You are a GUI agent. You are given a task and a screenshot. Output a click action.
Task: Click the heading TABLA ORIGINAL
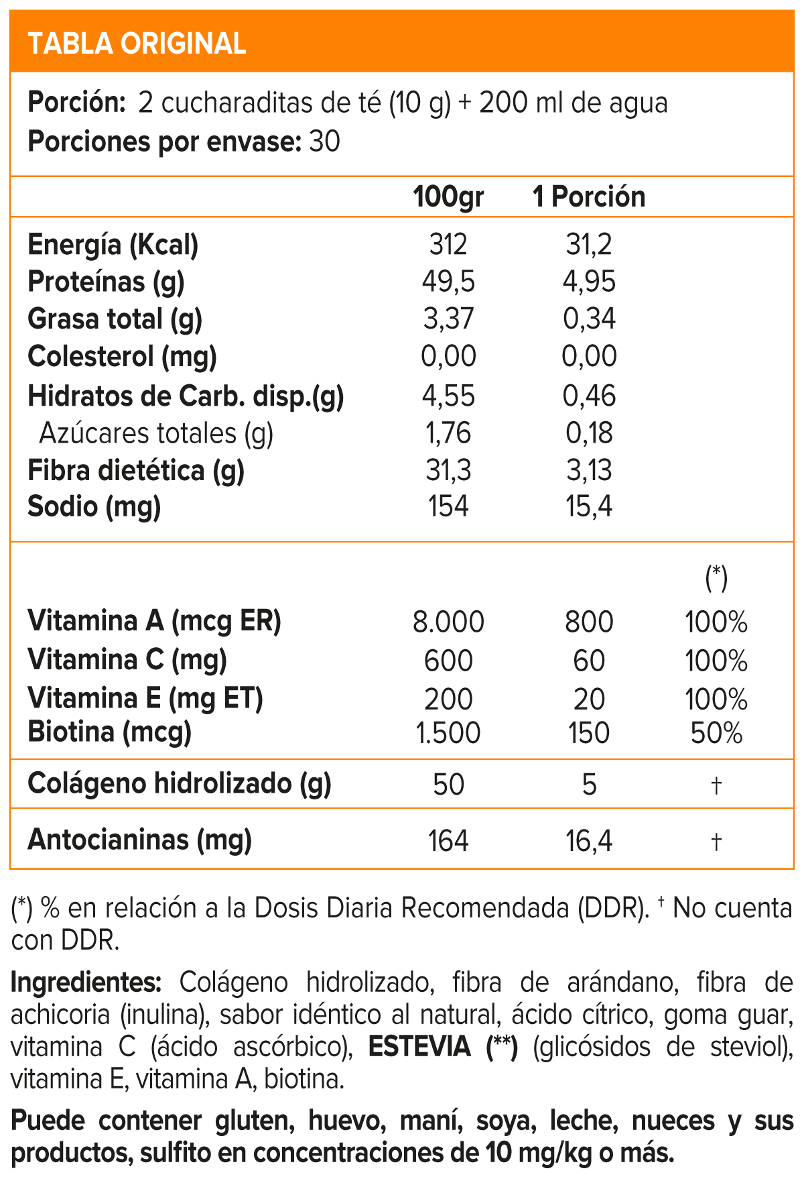click(x=137, y=44)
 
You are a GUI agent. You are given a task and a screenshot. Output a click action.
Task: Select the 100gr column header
click(x=448, y=197)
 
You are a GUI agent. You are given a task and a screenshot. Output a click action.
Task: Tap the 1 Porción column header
click(x=589, y=197)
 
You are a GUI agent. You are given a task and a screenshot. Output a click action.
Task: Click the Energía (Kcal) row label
click(x=113, y=245)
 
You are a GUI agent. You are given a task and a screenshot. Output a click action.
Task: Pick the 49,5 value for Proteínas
click(x=448, y=282)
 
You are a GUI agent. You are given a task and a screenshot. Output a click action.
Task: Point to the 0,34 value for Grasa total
click(x=589, y=319)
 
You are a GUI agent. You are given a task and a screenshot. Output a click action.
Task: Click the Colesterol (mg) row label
click(x=122, y=356)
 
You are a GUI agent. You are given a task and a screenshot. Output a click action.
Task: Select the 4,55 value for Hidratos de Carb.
click(x=448, y=396)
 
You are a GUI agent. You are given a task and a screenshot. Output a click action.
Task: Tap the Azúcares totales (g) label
click(x=156, y=433)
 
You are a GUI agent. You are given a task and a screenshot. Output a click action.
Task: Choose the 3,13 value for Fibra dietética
click(x=589, y=470)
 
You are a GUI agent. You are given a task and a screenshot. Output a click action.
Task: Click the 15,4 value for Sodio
click(x=589, y=506)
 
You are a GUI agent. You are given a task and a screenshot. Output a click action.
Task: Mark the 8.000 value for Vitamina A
click(x=448, y=622)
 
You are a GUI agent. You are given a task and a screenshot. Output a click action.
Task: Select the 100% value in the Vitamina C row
click(x=716, y=661)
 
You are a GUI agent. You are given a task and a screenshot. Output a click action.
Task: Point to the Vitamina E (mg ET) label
click(x=145, y=698)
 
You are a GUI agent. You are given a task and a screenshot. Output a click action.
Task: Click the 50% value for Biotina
click(x=716, y=733)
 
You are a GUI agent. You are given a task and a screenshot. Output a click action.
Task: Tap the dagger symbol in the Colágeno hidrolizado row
click(x=716, y=785)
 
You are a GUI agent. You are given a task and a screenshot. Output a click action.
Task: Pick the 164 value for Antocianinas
click(x=448, y=841)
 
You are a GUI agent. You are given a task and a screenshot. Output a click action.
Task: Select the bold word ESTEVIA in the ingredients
click(x=420, y=1047)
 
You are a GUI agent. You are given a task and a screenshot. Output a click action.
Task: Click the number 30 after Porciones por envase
click(x=325, y=142)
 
